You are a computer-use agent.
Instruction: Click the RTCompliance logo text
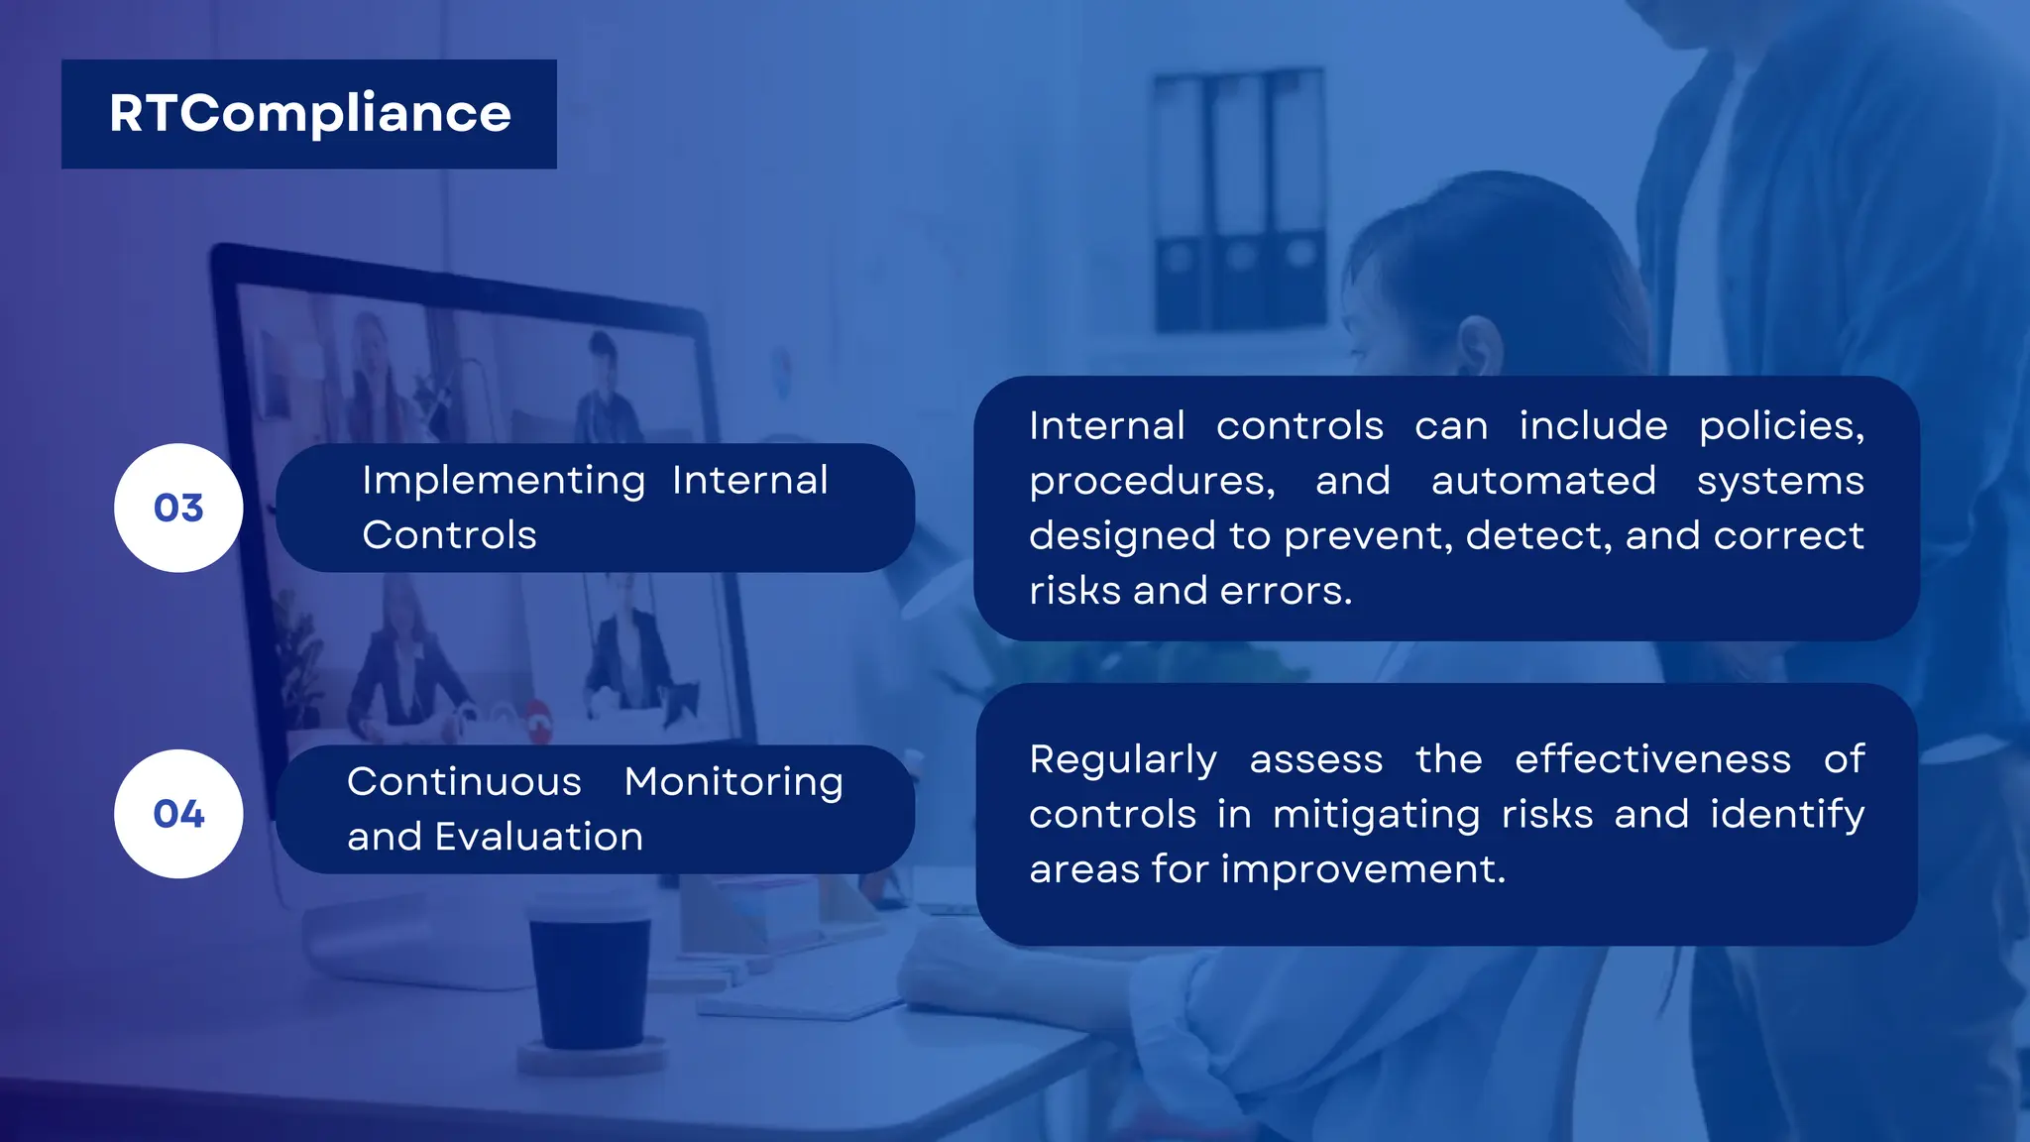point(309,114)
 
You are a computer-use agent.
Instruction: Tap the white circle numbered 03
point(178,508)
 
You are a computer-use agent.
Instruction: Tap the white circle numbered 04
point(178,814)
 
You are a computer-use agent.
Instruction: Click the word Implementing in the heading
point(504,481)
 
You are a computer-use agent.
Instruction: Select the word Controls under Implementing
point(449,535)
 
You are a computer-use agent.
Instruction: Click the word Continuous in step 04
point(464,782)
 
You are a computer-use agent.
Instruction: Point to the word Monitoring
point(733,782)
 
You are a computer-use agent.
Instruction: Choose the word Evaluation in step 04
point(539,837)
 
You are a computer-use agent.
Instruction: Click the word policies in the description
point(1781,426)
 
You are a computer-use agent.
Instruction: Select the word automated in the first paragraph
point(1543,481)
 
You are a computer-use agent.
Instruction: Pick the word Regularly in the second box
point(1123,760)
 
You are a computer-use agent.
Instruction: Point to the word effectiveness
point(1652,759)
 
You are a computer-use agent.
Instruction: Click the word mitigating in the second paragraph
point(1376,815)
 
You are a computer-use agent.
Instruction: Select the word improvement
point(1363,869)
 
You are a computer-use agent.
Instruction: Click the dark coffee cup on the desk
point(589,981)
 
